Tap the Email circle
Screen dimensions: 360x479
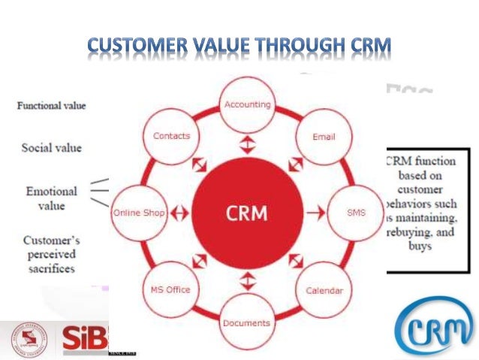coord(324,138)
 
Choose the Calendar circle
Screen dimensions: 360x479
coord(324,290)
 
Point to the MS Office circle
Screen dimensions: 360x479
coord(170,290)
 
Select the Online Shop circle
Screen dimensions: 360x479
coord(138,213)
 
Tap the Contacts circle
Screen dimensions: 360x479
coord(171,136)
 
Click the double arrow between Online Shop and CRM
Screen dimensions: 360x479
coord(179,213)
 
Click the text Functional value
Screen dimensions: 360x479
coord(50,106)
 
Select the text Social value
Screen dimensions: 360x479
coord(51,147)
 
